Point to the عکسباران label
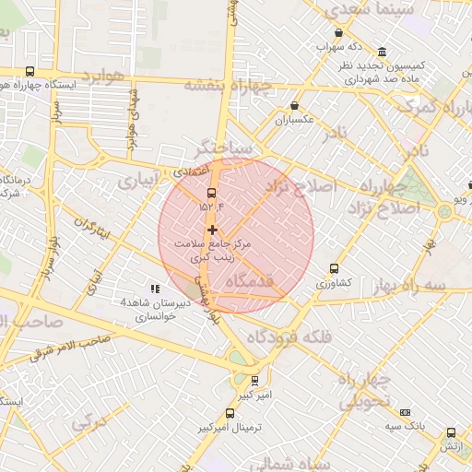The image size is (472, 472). point(295,120)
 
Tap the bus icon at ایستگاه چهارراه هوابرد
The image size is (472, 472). point(29,71)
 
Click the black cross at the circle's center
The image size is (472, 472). point(213,230)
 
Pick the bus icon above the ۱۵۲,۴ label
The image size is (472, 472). point(212,194)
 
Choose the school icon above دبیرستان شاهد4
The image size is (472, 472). point(155,289)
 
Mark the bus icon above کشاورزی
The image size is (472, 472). point(334,268)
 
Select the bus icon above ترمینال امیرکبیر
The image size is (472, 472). point(230,413)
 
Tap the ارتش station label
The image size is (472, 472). point(450,446)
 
